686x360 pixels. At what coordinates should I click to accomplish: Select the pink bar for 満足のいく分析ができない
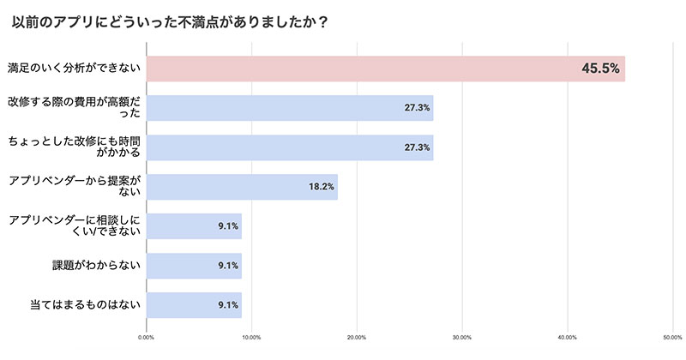(x=386, y=69)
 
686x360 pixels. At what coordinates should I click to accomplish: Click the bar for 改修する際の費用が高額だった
(x=290, y=108)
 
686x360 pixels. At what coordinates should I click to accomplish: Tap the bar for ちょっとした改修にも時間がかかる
(x=290, y=147)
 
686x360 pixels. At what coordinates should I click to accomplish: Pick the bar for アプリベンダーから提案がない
(x=242, y=187)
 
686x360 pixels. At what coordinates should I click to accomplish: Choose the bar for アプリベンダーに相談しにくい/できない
(x=195, y=226)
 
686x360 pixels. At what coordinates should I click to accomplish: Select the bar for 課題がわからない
(x=195, y=266)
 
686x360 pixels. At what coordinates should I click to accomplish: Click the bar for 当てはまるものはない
(x=195, y=305)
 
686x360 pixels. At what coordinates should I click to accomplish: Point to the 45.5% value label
(x=600, y=69)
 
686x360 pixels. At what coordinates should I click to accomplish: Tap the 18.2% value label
(x=322, y=187)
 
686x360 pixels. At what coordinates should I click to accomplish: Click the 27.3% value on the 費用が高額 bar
(x=417, y=108)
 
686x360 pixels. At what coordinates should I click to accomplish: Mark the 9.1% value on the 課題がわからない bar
(x=227, y=266)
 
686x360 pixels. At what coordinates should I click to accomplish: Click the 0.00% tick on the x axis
(x=147, y=337)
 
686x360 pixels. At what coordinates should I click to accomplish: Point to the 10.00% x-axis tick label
(x=252, y=337)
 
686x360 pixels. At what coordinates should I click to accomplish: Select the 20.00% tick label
(x=357, y=337)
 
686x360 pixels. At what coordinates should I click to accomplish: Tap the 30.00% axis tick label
(x=462, y=337)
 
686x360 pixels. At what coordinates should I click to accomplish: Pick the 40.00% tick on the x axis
(x=567, y=337)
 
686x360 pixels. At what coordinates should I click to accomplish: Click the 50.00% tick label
(x=671, y=337)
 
